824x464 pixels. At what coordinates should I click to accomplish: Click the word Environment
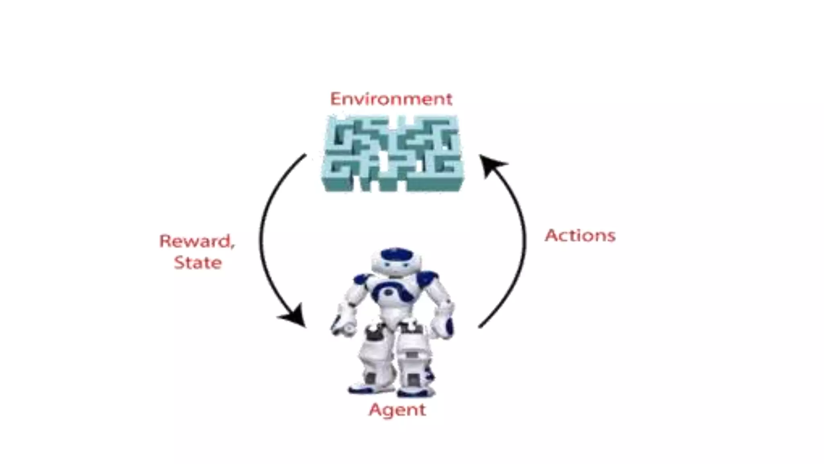[x=391, y=99]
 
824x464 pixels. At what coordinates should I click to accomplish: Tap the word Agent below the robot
[x=397, y=410]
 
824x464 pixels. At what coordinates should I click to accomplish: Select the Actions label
[x=580, y=236]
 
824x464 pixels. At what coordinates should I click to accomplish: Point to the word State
[x=198, y=263]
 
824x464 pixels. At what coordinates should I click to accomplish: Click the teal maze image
[x=392, y=153]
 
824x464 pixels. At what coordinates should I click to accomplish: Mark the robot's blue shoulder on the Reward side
[x=361, y=279]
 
